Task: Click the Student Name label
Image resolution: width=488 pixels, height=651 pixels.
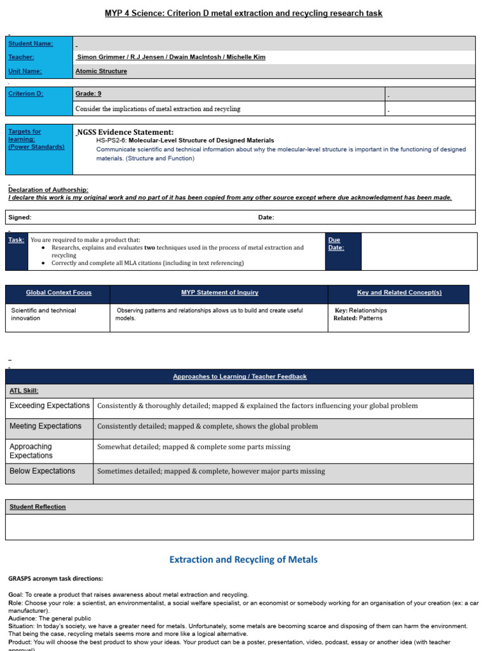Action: [x=30, y=43]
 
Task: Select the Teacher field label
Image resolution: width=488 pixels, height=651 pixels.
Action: [x=22, y=57]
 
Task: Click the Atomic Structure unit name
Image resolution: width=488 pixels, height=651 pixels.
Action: [x=101, y=71]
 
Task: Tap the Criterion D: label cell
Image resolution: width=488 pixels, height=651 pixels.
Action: [x=26, y=93]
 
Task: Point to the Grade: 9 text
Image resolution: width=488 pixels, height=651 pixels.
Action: [x=88, y=93]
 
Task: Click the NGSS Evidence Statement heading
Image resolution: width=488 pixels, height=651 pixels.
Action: [x=125, y=132]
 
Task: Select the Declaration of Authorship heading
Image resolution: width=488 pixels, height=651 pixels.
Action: [x=48, y=189]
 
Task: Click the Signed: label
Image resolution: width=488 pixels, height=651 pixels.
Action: [x=20, y=217]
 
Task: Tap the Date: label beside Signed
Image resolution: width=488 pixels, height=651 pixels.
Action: [x=266, y=217]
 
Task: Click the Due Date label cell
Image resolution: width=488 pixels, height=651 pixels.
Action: [x=334, y=243]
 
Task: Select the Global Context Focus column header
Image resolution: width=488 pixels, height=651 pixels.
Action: [x=58, y=292]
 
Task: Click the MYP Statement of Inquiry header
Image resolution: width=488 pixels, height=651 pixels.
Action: [x=219, y=292]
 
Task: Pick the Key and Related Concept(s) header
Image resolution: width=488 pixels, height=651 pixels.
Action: [x=399, y=292]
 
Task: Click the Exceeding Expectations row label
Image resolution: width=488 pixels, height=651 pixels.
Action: [x=50, y=406]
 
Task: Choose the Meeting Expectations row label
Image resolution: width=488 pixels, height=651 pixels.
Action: [x=46, y=426]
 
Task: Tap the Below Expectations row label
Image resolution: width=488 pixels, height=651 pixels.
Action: [x=43, y=471]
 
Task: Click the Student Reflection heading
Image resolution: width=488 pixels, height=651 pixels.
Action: [x=37, y=507]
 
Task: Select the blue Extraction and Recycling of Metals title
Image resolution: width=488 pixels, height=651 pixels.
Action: [x=243, y=559]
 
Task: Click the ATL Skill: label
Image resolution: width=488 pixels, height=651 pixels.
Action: [x=24, y=390]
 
